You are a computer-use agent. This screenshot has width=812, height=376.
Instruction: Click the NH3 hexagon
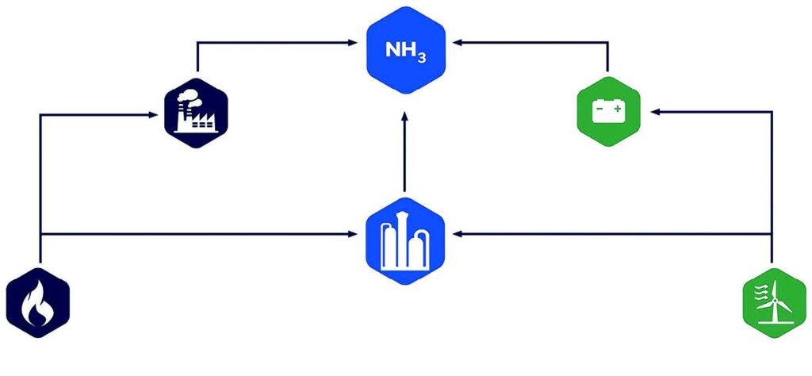coord(405,50)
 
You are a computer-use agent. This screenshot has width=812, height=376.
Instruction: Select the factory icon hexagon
coord(196,113)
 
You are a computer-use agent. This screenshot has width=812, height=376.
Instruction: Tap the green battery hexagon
coord(608,112)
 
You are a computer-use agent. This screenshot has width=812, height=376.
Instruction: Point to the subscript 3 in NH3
coord(423,57)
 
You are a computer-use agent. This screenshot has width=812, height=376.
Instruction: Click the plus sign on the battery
coord(617,107)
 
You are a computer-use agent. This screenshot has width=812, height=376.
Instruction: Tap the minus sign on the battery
coord(599,107)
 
